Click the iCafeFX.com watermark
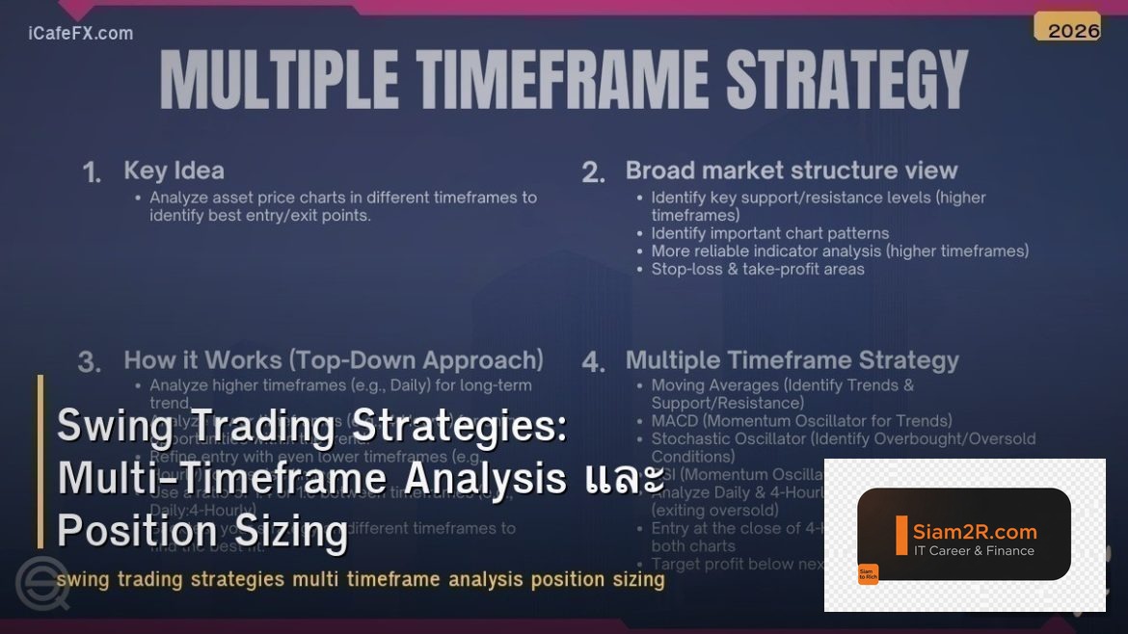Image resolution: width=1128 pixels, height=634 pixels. pos(81,34)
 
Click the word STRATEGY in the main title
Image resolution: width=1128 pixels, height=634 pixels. pos(846,80)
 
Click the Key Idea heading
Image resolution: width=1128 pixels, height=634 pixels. pos(174,171)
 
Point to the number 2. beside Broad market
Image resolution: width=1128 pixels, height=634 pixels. pos(594,172)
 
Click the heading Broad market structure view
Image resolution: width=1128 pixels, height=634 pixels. pos(792,171)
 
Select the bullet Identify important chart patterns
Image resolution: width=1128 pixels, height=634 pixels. pos(769,233)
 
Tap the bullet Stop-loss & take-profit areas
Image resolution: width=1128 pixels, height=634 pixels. pos(758,269)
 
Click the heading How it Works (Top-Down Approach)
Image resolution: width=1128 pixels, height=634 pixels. pos(334,360)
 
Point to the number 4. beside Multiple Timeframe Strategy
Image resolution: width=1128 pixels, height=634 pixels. pos(594,362)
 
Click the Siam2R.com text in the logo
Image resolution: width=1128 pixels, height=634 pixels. pos(975,531)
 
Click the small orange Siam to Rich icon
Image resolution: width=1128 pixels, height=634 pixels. pos(868,574)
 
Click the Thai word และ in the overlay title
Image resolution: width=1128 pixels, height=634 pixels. pos(624,479)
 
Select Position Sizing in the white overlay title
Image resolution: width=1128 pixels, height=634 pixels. pos(201,531)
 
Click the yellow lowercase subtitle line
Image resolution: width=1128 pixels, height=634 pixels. pos(361,580)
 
